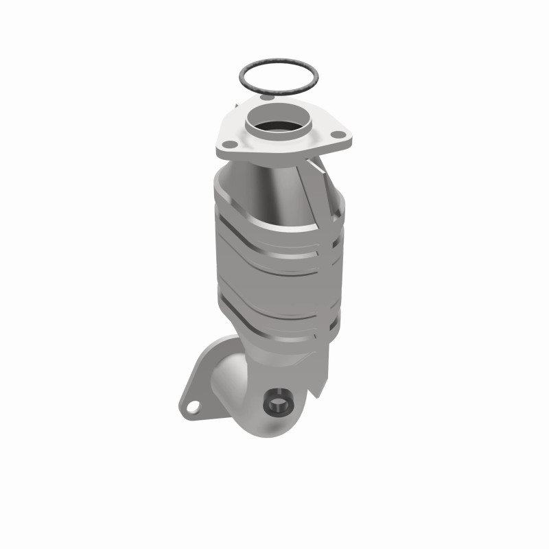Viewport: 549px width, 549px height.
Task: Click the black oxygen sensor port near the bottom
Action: (x=277, y=403)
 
